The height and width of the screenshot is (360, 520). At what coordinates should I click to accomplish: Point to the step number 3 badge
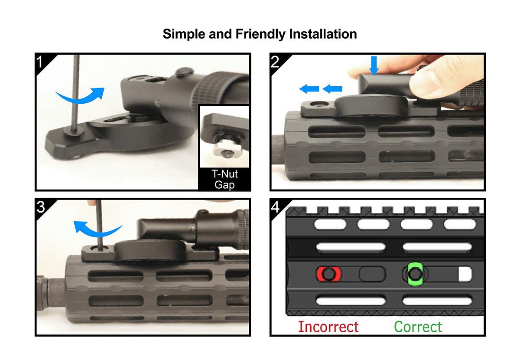[x=41, y=207]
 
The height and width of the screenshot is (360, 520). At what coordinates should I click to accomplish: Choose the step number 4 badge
[x=276, y=207]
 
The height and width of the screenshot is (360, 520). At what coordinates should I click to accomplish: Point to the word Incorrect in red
[x=328, y=326]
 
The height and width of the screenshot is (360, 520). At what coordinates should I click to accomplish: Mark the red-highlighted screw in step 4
[x=329, y=274]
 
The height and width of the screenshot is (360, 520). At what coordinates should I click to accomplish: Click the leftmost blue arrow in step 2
[x=309, y=89]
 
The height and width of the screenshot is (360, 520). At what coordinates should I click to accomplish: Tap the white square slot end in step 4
[x=465, y=274]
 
